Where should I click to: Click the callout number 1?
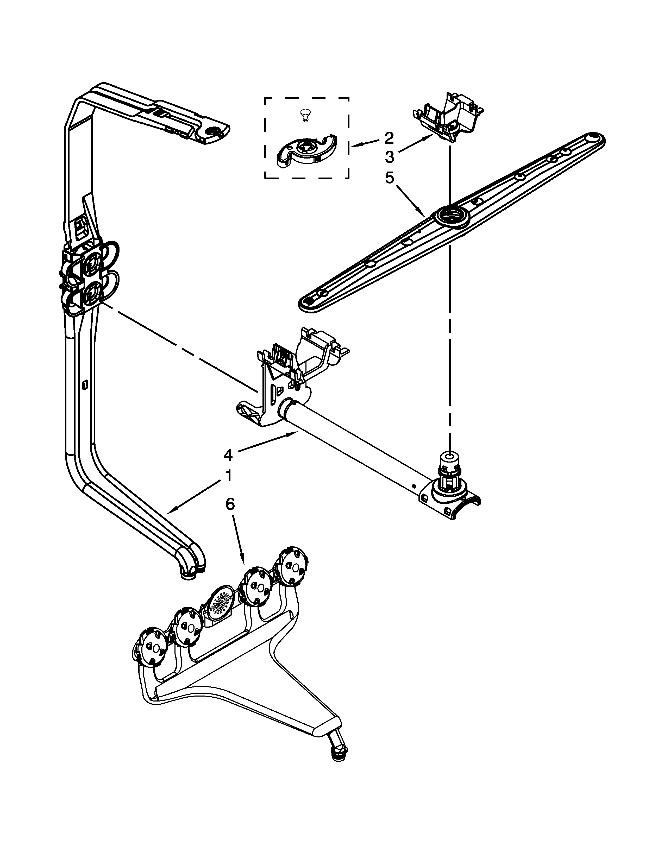coord(228,476)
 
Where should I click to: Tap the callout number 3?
coord(389,157)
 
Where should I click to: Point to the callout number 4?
coord(228,455)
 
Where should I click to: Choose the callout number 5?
coord(389,178)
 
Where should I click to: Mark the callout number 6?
coord(230,504)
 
